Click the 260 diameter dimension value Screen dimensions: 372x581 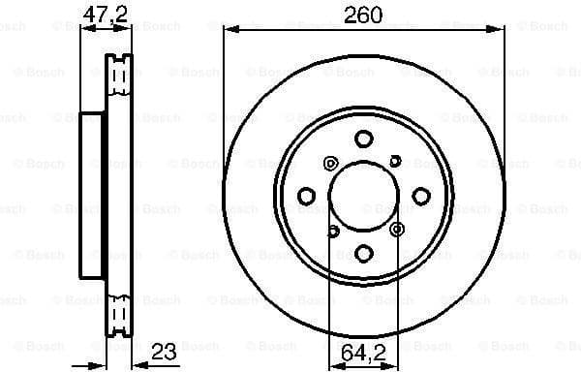(364, 15)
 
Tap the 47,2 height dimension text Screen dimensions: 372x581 (104, 15)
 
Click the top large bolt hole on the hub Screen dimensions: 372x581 (363, 139)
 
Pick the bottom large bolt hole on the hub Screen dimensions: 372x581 (363, 253)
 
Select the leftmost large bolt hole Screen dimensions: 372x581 (307, 197)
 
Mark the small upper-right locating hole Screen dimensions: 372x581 (395, 161)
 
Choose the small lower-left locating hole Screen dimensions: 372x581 (332, 231)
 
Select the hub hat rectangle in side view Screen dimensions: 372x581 (92, 196)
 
